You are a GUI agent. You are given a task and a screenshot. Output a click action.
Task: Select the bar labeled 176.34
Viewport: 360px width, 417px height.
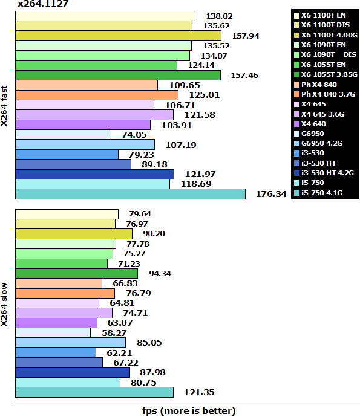click(130, 193)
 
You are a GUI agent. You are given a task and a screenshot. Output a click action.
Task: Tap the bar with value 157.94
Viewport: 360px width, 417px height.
click(118, 36)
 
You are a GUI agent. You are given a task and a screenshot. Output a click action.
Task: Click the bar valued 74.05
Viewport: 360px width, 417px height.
click(63, 134)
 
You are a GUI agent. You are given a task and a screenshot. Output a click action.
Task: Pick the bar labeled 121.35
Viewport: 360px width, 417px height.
click(94, 392)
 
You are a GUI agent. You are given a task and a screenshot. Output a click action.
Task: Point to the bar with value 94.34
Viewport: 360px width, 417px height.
click(76, 273)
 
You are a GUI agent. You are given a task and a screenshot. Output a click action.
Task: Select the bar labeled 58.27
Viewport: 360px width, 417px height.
click(53, 332)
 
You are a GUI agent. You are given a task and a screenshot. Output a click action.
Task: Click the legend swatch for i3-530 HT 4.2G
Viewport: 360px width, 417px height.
click(296, 173)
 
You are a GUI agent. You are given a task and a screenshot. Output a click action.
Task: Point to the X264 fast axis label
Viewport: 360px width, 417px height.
click(5, 105)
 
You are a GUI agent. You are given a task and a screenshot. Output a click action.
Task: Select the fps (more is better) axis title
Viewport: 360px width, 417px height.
click(189, 411)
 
